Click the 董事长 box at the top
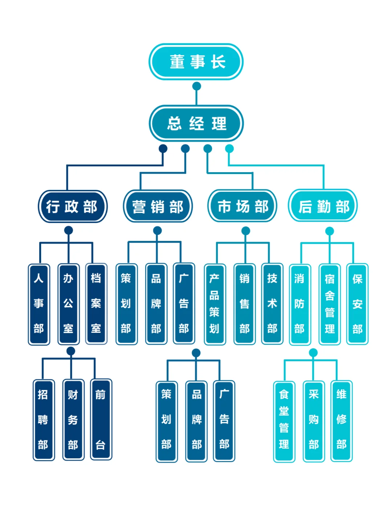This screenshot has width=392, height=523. point(196,62)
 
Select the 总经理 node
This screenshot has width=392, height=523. point(196,123)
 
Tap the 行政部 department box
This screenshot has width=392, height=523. point(73,206)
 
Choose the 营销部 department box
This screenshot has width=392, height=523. point(158,206)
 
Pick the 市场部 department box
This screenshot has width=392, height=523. point(242,206)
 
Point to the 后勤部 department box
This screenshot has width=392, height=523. point(323,206)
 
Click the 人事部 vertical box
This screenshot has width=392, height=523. point(39,304)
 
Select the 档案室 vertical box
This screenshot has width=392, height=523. point(96,304)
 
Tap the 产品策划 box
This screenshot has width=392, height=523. point(215,304)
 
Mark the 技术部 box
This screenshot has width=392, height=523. point(272,304)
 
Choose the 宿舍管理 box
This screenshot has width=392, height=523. point(330,304)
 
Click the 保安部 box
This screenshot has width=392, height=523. point(358,304)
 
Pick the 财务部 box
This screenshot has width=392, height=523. point(73,420)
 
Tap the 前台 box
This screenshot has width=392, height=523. point(101,419)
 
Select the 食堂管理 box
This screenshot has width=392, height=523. point(284,421)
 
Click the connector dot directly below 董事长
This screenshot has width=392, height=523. point(196,86)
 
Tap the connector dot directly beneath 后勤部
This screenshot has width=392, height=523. point(330,231)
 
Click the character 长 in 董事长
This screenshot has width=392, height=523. point(219,62)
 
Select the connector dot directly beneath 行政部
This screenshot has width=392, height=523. point(69,230)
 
